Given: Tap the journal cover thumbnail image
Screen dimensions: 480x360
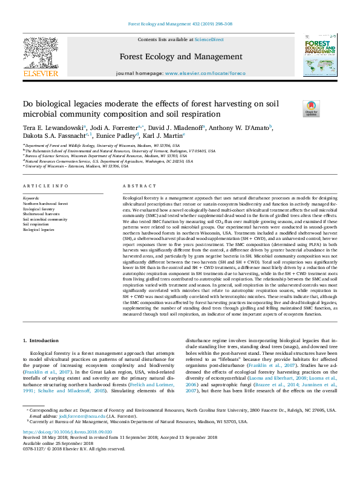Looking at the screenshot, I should [319, 55].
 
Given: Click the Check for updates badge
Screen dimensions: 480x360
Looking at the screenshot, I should [310, 109].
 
